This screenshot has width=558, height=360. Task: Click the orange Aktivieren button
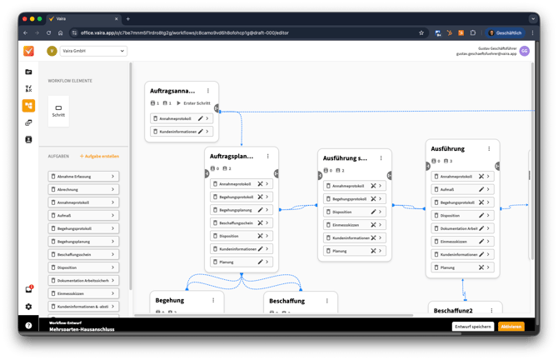pos(511,326)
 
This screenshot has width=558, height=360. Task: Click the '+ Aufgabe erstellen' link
pos(99,157)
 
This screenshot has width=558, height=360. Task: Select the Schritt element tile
pos(58,110)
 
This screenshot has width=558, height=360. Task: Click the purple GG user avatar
pos(524,51)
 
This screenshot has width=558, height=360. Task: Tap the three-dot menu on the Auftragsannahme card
pos(207,90)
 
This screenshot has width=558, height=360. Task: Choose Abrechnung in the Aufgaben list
pos(83,189)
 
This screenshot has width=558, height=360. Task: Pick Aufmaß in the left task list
pos(83,215)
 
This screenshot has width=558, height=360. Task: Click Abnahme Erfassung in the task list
pos(83,177)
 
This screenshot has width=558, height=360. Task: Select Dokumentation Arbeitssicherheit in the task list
pos(83,280)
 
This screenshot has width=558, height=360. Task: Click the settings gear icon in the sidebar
pos(29,307)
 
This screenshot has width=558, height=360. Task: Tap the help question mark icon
pos(29,326)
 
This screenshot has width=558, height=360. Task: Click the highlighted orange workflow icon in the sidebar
pos(29,106)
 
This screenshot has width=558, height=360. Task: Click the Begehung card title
pos(170,300)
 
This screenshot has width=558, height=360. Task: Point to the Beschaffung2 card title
pos(452,310)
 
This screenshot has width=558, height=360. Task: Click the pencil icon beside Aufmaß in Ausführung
pos(481,189)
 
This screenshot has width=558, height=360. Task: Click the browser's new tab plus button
pos(127,18)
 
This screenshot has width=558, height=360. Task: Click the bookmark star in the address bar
pos(421,32)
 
